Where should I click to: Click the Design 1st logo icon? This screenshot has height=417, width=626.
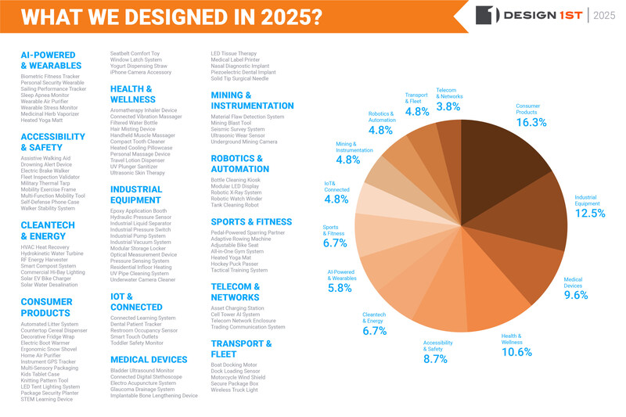486,15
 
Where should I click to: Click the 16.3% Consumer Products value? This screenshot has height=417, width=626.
531,123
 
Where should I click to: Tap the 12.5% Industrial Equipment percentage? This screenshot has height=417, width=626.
590,213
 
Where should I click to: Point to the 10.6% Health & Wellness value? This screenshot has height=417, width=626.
516,352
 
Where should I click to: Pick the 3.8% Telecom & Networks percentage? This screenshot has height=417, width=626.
448,106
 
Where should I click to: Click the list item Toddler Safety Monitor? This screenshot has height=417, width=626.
137,343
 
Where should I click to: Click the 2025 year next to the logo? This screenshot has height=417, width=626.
606,15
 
